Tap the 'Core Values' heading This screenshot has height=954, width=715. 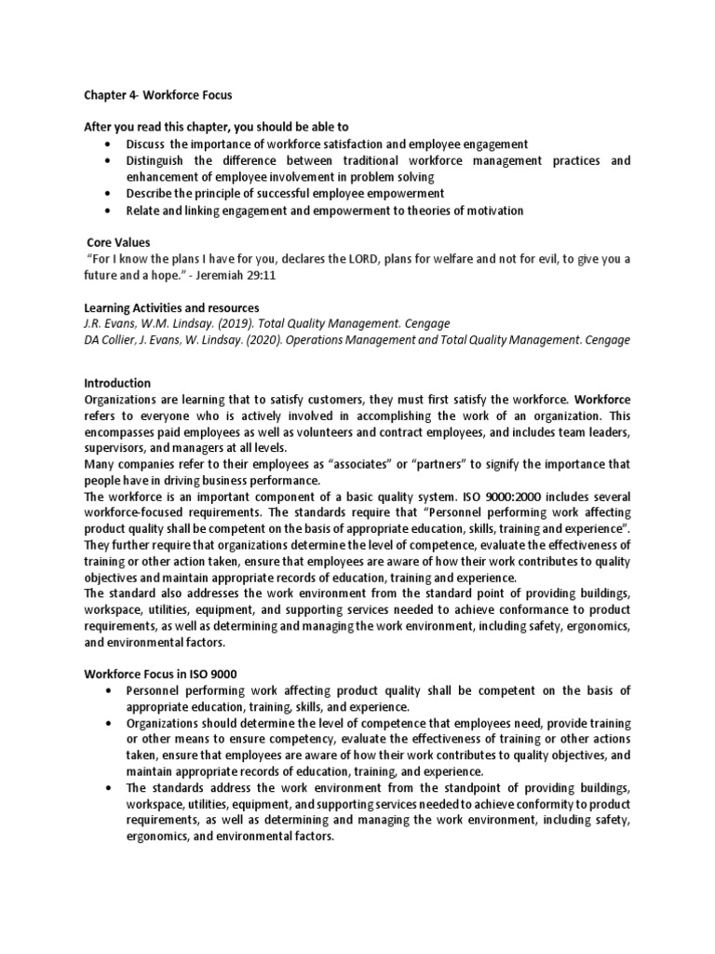pyautogui.click(x=117, y=241)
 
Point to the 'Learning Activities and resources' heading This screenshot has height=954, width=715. pyautogui.click(x=171, y=307)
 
